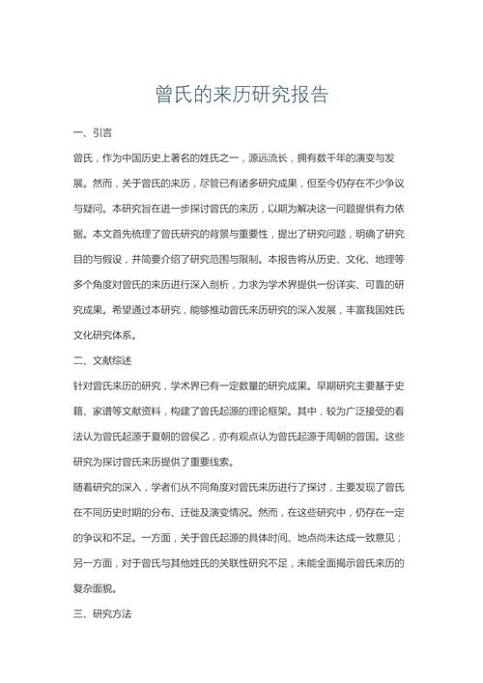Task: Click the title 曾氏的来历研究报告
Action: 241,94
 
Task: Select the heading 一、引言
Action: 93,131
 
